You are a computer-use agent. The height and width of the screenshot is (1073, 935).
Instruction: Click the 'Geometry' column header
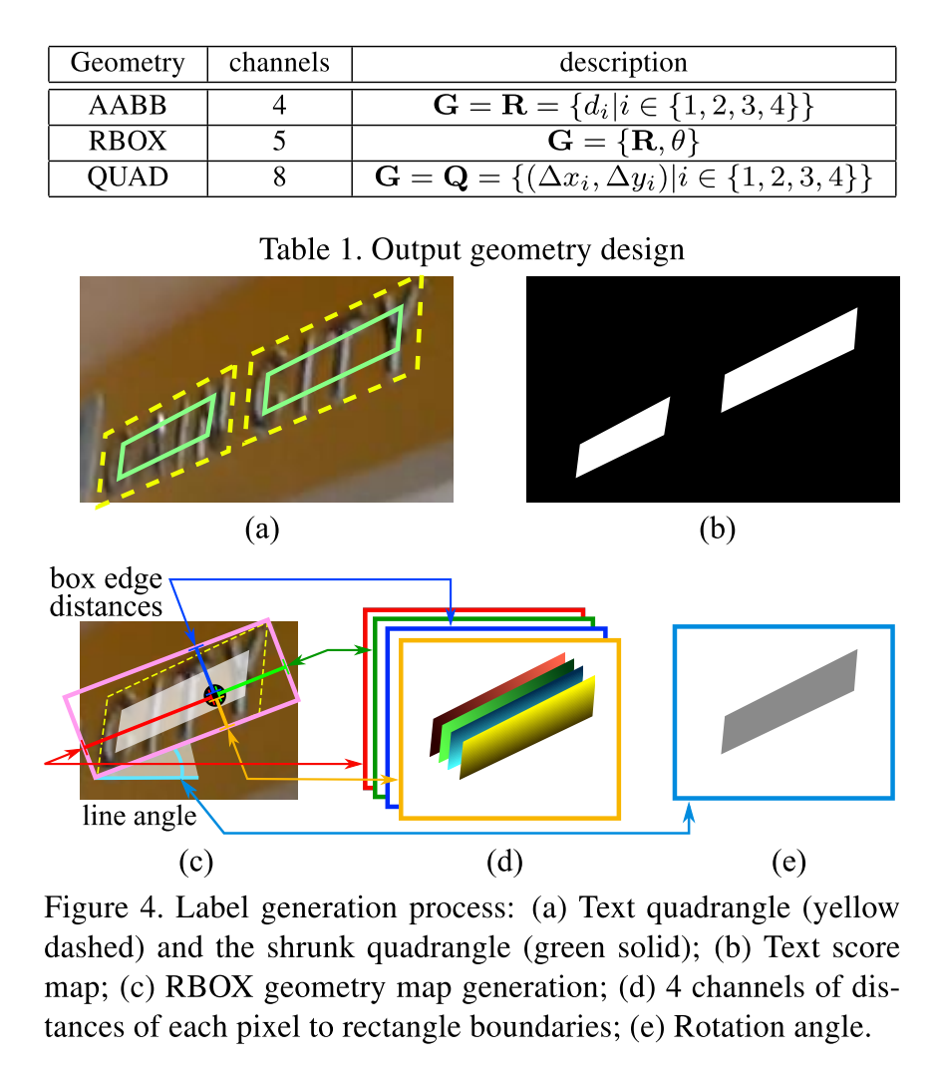coord(128,63)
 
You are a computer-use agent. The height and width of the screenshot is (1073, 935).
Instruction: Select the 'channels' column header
coord(279,63)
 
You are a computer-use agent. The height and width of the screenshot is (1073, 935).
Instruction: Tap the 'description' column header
coord(623,63)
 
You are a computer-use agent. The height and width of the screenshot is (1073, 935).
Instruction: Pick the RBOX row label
coord(128,141)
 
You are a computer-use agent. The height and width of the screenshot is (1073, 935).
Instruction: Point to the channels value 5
coord(279,141)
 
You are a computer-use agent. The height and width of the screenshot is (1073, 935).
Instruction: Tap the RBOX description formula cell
coord(623,141)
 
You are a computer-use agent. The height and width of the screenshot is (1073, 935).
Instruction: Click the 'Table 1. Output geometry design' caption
coord(471,248)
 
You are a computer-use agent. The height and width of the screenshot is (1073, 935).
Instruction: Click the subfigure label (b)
coord(716,529)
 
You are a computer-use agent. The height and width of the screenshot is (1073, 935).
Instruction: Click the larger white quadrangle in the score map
coord(789,360)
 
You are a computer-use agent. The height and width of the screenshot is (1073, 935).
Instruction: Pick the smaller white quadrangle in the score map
coord(624,437)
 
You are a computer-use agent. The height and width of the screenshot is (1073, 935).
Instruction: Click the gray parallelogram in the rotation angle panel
coord(788,701)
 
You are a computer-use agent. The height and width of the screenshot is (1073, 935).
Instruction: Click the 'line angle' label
coord(139,817)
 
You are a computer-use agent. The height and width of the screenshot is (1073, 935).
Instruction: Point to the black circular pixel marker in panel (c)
coord(214,696)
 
